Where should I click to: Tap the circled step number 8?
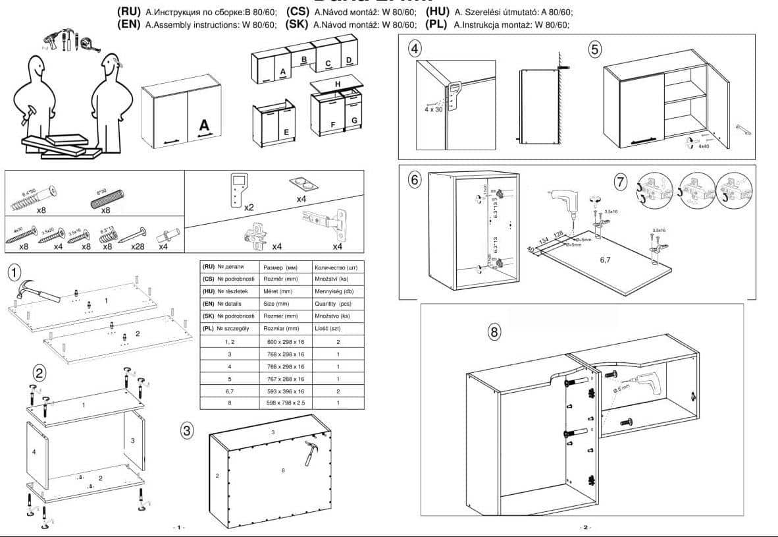[x=494, y=331]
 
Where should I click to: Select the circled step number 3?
[x=188, y=430]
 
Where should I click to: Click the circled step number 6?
[x=414, y=179]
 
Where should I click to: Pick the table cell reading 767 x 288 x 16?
[x=285, y=379]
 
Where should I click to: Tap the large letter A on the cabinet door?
[x=204, y=125]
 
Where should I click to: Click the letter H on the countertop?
[x=337, y=84]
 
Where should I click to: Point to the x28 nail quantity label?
[x=137, y=246]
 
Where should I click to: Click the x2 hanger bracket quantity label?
[x=249, y=207]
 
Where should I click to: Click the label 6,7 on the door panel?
[x=606, y=260]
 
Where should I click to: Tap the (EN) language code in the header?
[x=128, y=25]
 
